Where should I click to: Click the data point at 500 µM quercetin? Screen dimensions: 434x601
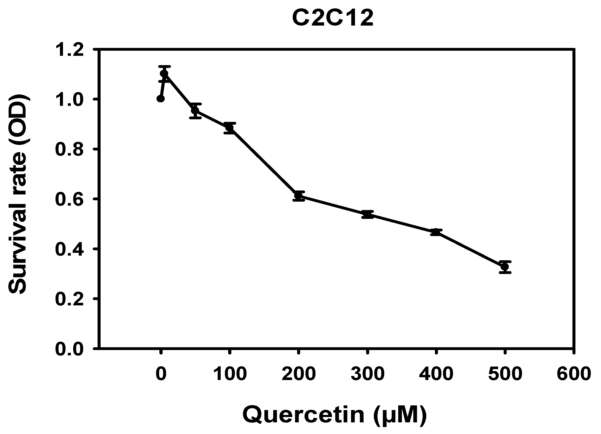[x=505, y=267]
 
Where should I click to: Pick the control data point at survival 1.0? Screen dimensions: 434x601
[x=161, y=99]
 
